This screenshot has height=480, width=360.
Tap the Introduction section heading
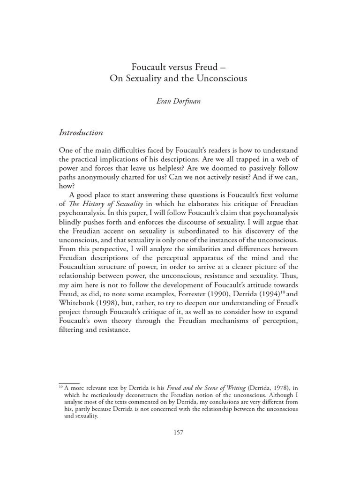tap(81, 133)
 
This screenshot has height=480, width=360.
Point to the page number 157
tap(178, 432)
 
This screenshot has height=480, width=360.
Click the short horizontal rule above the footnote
tap(69, 383)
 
